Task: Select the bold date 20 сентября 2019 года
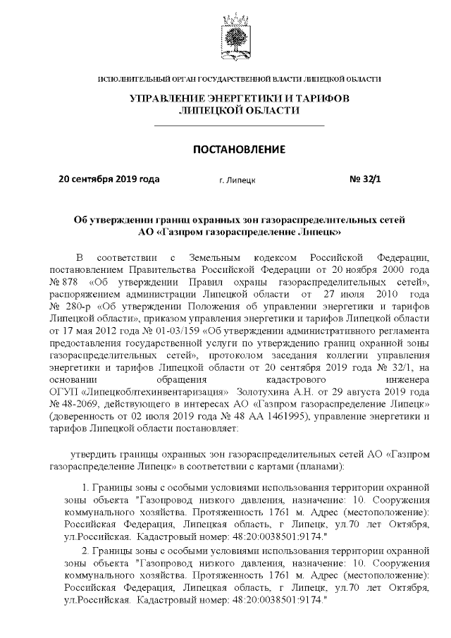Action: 109,179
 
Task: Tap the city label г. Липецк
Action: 237,180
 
